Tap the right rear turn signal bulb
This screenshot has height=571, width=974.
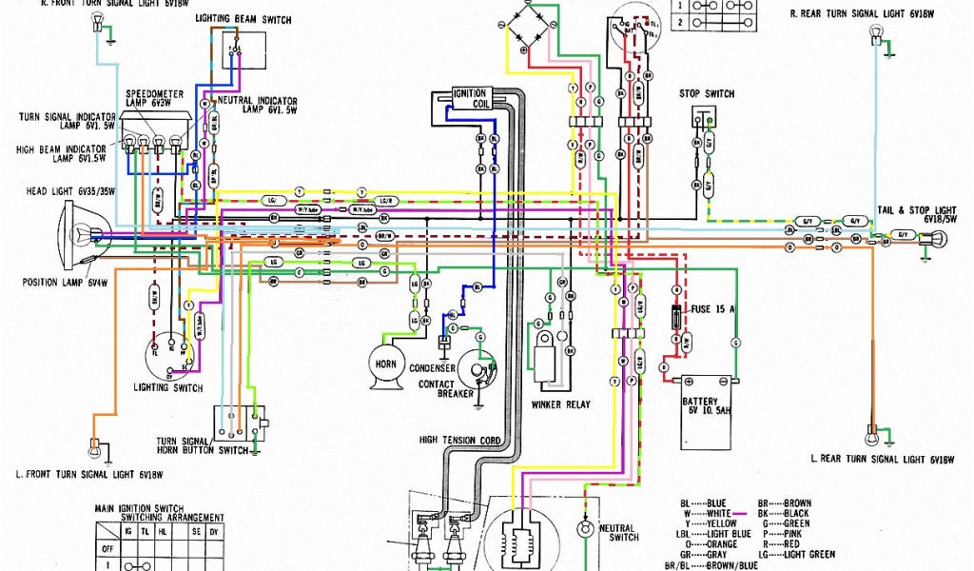(x=876, y=36)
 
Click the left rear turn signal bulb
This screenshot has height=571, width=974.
(x=871, y=437)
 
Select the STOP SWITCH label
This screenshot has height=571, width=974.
(x=706, y=94)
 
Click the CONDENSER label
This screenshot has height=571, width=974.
(x=432, y=368)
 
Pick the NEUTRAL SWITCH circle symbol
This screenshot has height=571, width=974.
(x=584, y=527)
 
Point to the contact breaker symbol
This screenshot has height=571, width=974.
(x=477, y=364)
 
